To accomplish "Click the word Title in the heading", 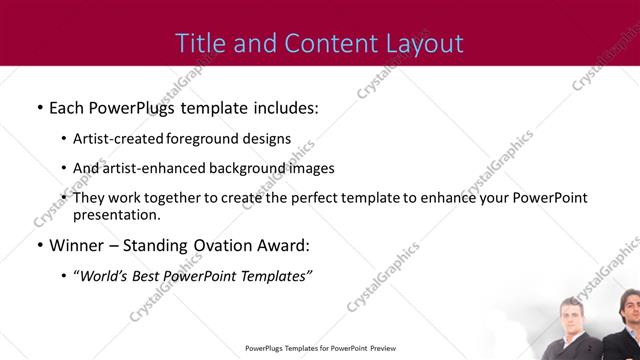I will [197, 43].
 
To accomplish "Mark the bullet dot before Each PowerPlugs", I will [39, 106].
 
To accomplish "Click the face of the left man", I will [577, 313].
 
